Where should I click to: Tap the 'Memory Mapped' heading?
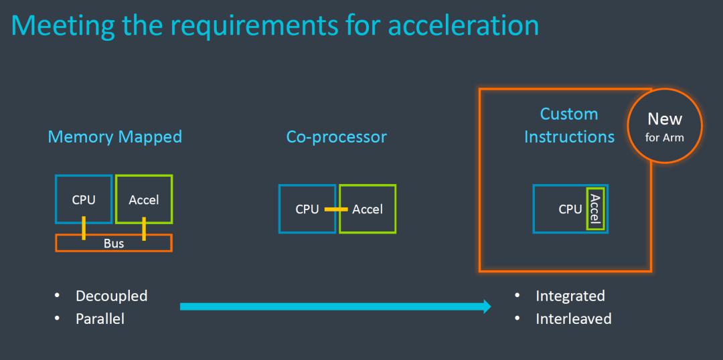point(114,137)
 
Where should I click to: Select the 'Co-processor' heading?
point(336,137)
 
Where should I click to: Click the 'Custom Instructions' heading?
point(569,125)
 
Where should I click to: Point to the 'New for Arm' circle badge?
point(664,126)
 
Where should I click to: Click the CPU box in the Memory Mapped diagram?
point(84,199)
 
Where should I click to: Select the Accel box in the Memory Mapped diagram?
point(144,199)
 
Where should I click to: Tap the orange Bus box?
point(114,243)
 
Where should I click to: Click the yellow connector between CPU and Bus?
point(84,228)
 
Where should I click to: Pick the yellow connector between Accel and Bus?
point(144,228)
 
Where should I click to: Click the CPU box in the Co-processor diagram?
point(307,209)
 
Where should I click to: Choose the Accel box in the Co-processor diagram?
point(368,209)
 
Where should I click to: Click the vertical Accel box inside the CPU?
point(595,209)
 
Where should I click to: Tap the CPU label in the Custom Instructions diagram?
point(570,209)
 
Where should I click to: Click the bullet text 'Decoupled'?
point(111,296)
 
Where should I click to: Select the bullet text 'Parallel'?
point(100,319)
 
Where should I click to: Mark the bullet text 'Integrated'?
point(570,296)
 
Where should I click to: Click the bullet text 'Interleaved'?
point(573,319)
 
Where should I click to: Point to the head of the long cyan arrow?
point(485,306)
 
